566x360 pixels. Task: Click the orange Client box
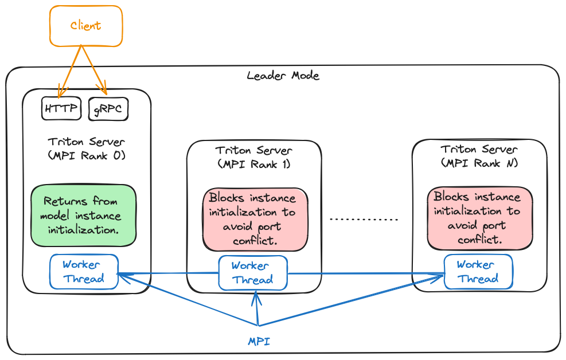click(x=85, y=26)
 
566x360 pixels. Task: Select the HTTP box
click(x=61, y=109)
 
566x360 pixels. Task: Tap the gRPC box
click(x=108, y=109)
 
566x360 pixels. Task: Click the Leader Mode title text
click(x=283, y=76)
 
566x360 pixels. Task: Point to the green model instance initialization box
click(x=84, y=216)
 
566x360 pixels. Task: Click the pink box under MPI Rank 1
click(x=255, y=220)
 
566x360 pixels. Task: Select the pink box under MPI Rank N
click(x=480, y=218)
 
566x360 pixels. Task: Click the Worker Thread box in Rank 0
click(x=84, y=272)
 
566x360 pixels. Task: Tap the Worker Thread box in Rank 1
click(x=252, y=273)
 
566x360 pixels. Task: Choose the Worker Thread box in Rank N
click(x=478, y=272)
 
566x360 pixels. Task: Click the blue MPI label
click(x=259, y=342)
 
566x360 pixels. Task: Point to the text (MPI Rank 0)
click(x=87, y=155)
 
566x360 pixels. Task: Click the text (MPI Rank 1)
click(x=254, y=164)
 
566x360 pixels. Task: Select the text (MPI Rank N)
click(x=479, y=163)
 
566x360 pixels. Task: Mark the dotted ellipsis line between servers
click(x=364, y=220)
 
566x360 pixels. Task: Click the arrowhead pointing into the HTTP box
click(x=60, y=93)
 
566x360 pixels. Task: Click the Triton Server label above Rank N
click(x=479, y=149)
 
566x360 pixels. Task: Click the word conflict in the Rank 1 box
click(x=255, y=241)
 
